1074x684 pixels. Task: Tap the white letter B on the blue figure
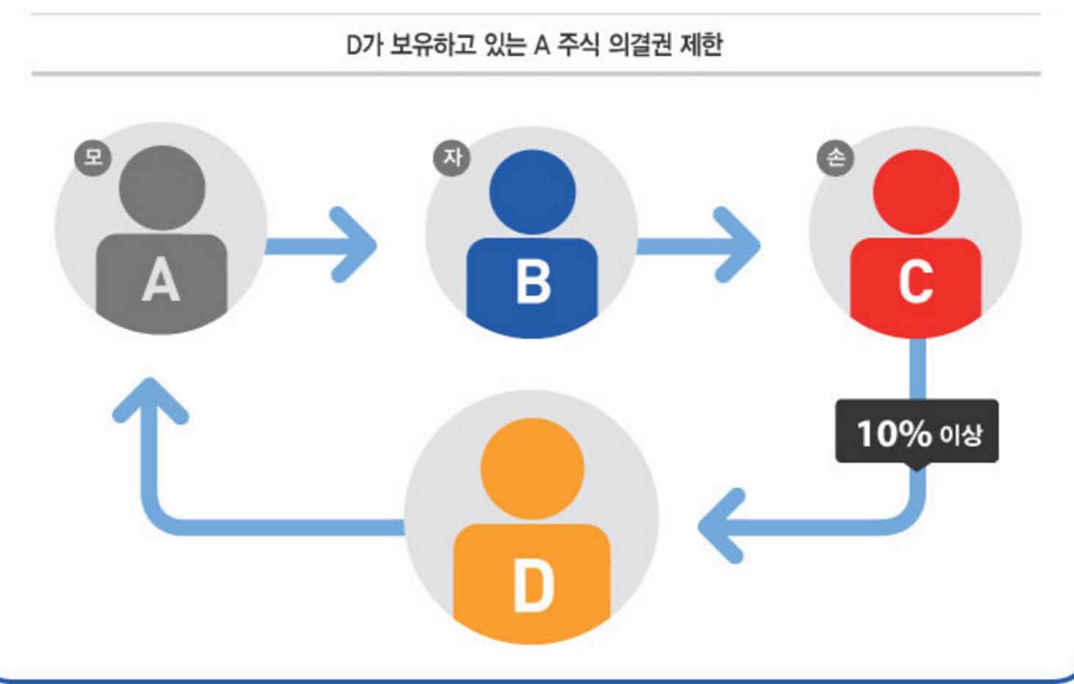click(533, 283)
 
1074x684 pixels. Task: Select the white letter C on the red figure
click(916, 281)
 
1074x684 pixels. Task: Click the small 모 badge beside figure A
click(93, 157)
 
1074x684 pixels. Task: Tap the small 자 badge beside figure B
click(451, 157)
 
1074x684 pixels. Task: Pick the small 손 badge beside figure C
click(836, 157)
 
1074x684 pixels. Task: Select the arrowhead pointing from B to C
click(740, 245)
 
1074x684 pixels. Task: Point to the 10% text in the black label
click(894, 433)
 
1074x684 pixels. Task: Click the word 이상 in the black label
click(961, 435)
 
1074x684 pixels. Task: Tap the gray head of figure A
click(162, 187)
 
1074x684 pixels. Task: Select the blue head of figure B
click(532, 192)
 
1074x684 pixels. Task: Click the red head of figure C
click(916, 192)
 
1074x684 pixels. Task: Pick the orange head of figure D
click(532, 468)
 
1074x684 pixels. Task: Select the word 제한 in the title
click(701, 45)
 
